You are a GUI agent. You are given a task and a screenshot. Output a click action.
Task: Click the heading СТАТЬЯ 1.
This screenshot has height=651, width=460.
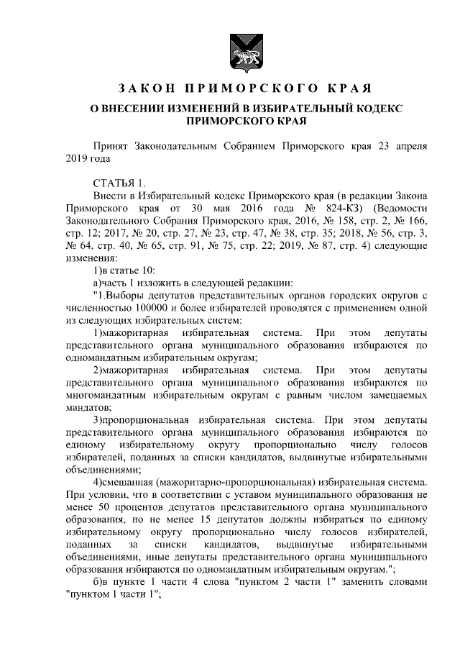pyautogui.click(x=119, y=181)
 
